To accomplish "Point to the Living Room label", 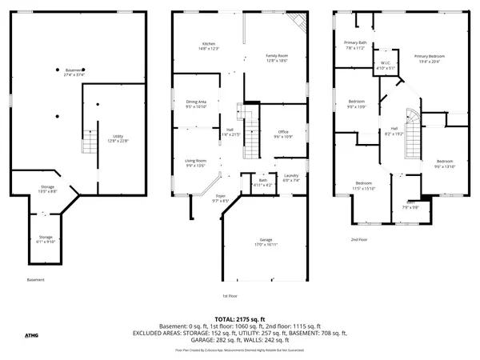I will tap(196, 163).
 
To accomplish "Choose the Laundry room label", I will tap(290, 178).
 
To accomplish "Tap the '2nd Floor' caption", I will tap(359, 239).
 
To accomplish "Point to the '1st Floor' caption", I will tap(230, 295).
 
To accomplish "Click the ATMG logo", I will tap(31, 335).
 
